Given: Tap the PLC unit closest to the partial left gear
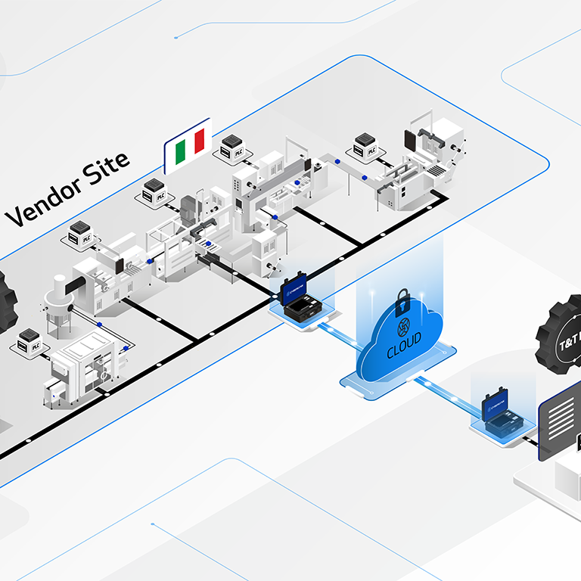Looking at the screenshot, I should (x=30, y=343).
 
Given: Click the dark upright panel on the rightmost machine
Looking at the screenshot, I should (x=412, y=140).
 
